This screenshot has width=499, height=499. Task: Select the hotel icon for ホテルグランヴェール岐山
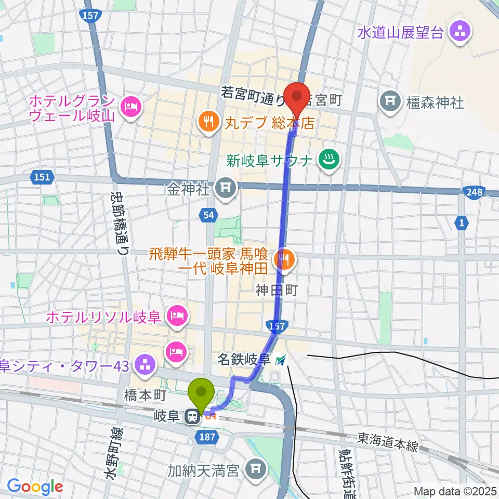(128, 108)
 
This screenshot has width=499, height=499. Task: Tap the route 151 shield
(42, 177)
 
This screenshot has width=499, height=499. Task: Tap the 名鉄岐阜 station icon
(281, 359)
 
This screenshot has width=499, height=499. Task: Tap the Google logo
(35, 487)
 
